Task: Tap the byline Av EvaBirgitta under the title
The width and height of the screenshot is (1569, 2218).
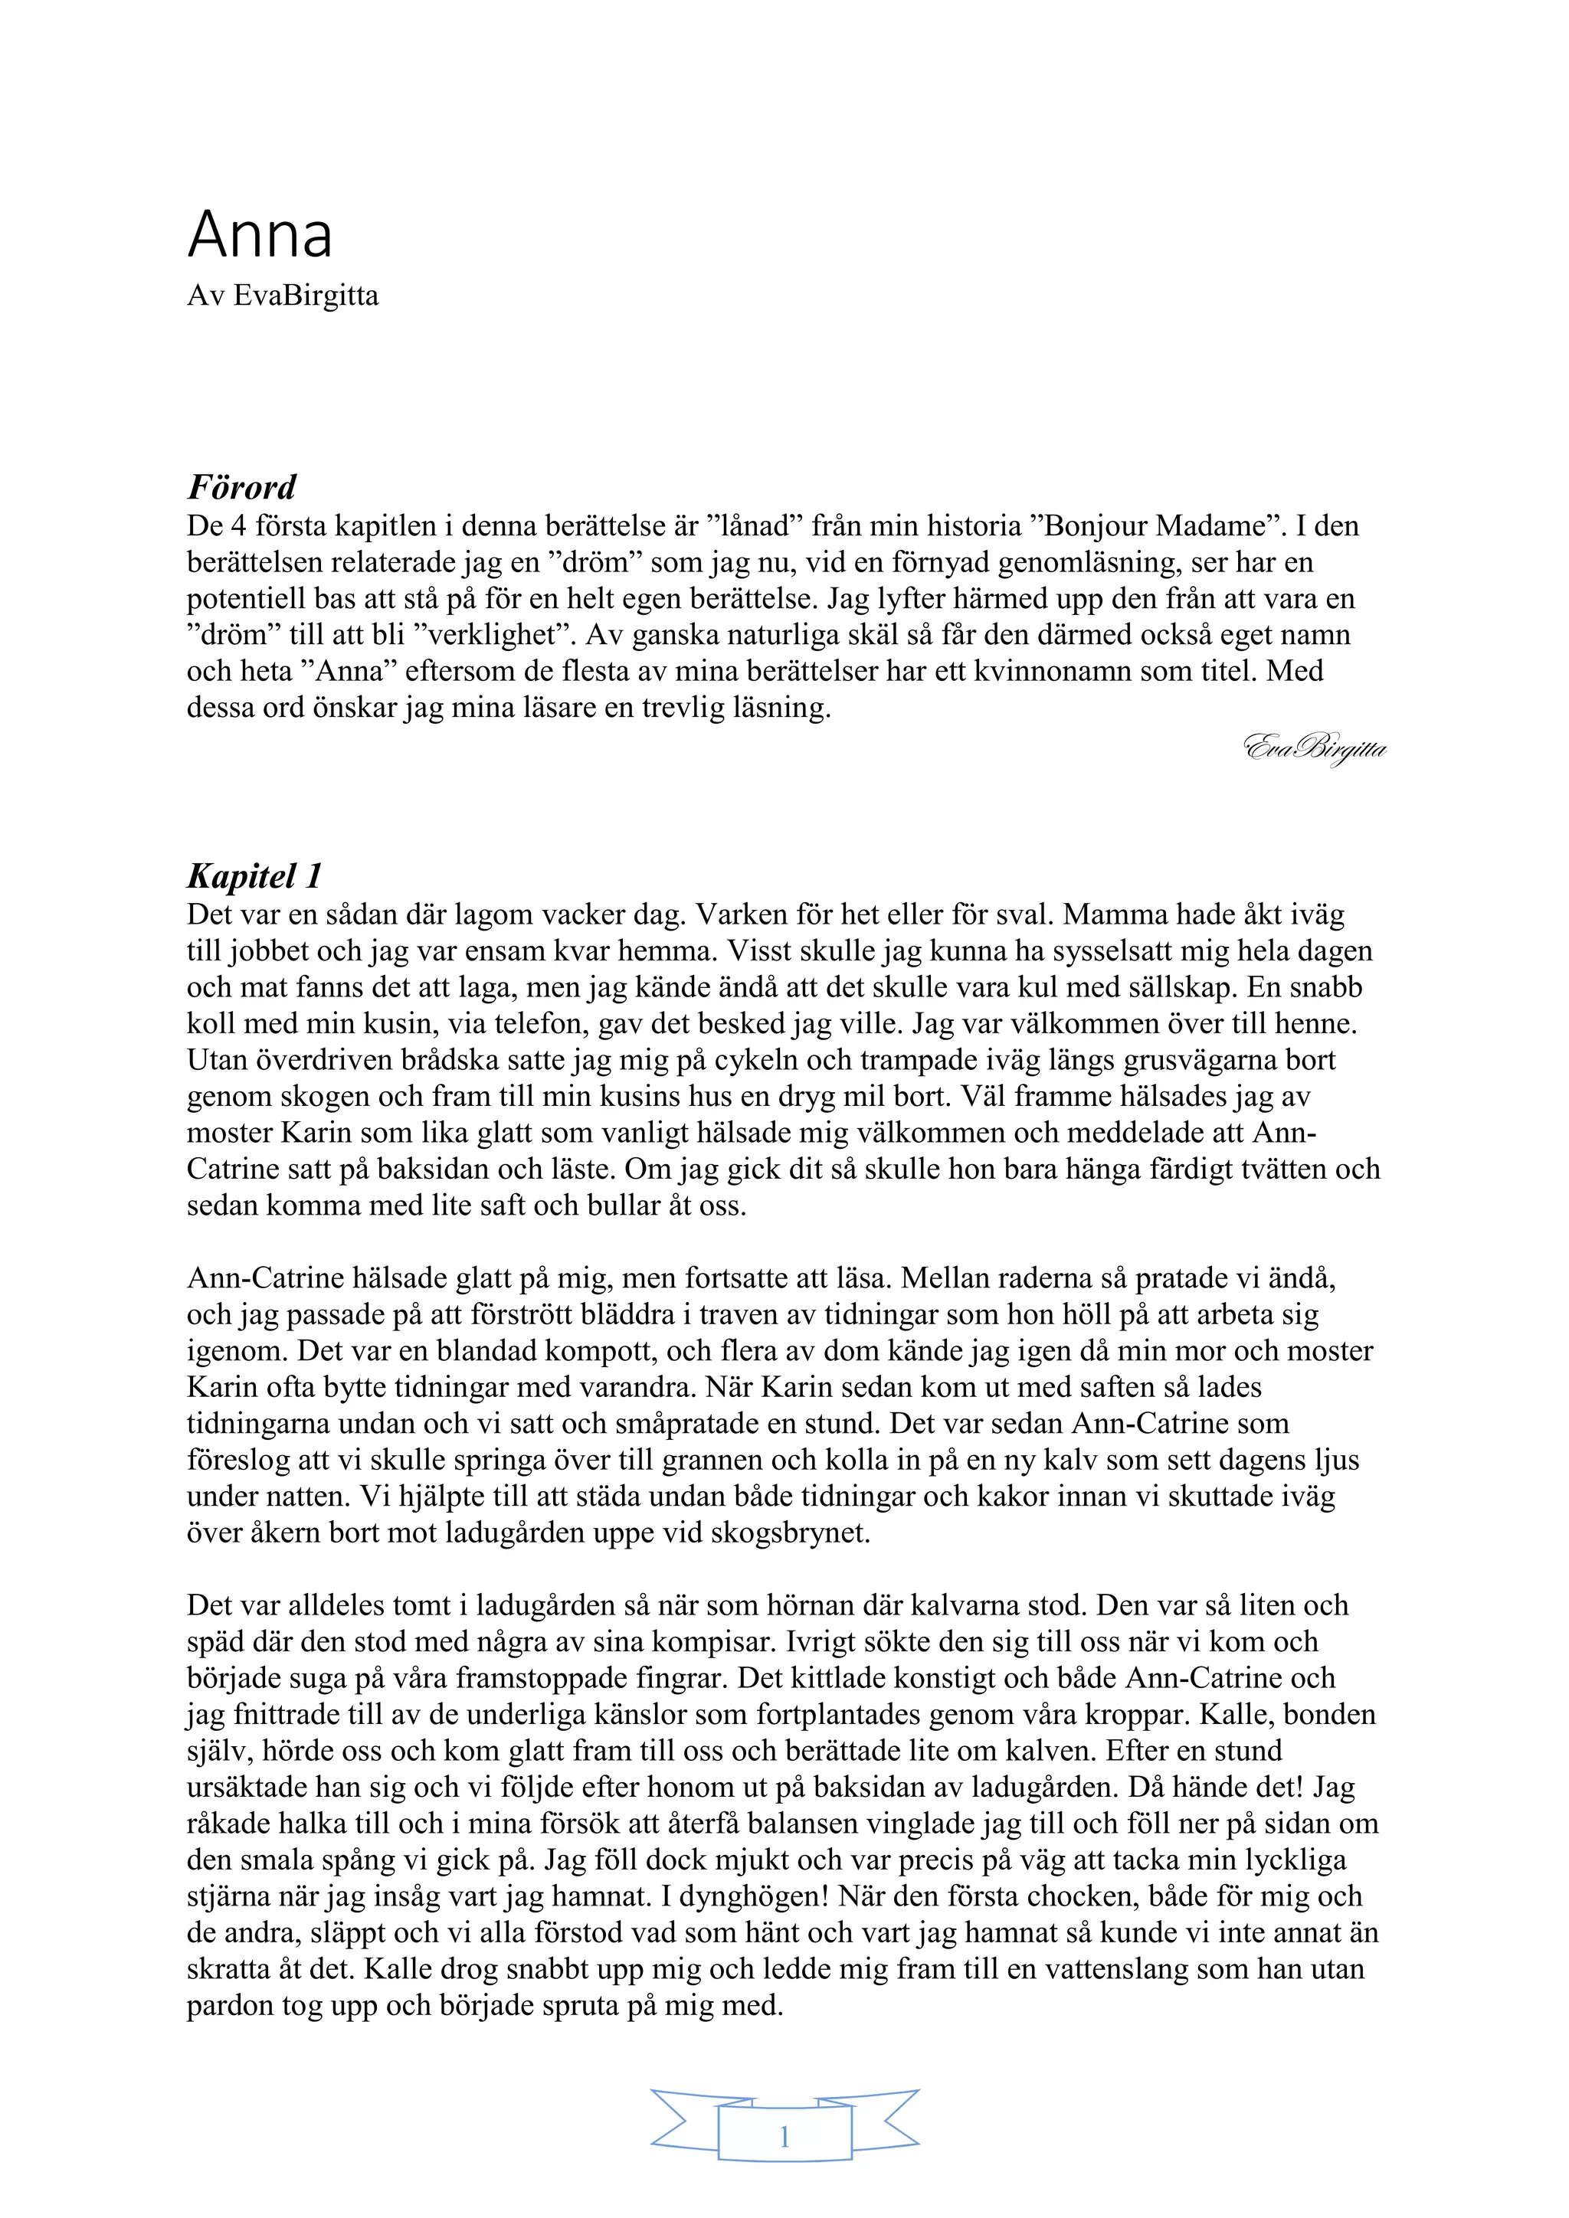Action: [x=282, y=296]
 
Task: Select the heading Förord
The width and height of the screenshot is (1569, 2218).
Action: [x=241, y=487]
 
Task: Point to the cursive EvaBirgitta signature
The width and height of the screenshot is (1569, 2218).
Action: [x=1315, y=749]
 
